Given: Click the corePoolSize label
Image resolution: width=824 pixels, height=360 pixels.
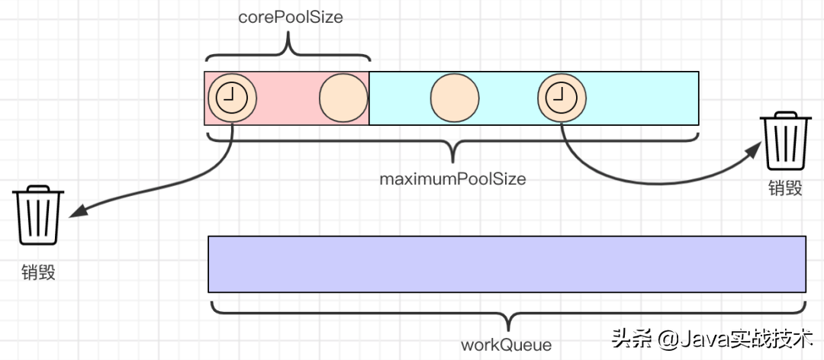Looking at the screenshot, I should [288, 17].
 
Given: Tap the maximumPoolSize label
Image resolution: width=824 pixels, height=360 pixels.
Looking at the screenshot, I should [453, 179].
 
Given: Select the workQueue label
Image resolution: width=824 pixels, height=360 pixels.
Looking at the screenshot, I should [506, 344].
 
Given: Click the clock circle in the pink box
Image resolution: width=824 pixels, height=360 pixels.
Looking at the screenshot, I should [231, 98].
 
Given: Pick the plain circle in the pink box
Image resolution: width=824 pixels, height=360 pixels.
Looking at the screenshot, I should [343, 98].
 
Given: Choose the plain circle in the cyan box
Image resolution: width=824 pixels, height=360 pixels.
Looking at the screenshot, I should [454, 98].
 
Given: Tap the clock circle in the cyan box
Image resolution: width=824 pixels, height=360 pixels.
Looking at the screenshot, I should [562, 98].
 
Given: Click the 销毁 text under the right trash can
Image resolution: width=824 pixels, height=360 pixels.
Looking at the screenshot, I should [786, 188].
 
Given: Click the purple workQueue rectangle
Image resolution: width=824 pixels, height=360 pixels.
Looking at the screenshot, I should [507, 264].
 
